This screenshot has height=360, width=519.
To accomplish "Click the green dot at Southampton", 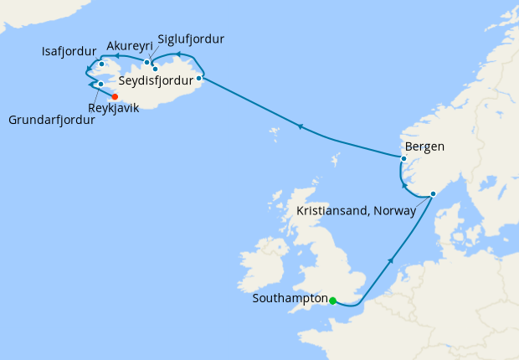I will point(332,301).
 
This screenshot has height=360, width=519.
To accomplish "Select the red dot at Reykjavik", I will point(115,96).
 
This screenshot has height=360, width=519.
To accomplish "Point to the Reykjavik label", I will point(115,107).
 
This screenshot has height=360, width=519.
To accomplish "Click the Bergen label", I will point(424,147).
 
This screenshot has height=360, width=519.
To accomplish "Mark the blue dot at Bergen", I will point(403,158).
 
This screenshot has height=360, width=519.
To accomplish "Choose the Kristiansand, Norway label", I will point(357,210).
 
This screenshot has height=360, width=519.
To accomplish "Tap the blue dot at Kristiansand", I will point(433,194).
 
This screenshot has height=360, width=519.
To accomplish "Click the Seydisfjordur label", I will point(156,81).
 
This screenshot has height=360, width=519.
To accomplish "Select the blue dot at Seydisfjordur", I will point(198,79).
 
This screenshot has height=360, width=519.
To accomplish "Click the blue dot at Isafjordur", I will point(101,64).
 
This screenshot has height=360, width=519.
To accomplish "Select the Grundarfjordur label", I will point(51,120).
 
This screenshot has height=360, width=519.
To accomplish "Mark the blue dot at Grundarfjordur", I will point(100,84).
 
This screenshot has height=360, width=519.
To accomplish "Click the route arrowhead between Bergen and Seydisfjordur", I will point(299,126).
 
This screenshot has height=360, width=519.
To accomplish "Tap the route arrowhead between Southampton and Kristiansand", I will point(391,262).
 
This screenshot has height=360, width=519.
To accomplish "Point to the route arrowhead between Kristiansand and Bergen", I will point(404,187).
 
